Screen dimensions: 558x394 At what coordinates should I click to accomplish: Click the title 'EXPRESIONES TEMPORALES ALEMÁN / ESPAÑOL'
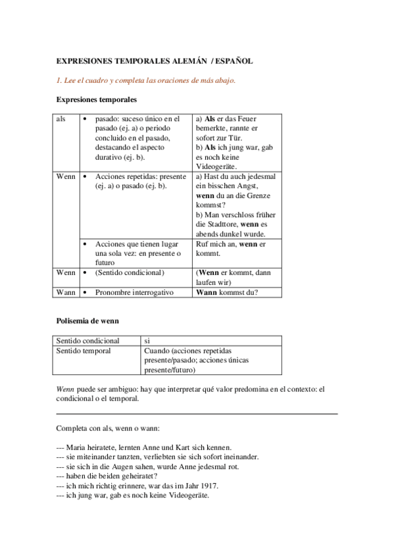pos(155,61)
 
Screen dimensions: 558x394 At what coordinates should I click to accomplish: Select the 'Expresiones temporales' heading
pos(97,100)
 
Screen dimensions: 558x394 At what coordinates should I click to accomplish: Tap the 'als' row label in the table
pos(61,118)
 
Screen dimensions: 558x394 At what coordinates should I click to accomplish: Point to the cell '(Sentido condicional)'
pos(130,272)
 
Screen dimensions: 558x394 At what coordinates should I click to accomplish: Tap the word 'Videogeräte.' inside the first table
pos(217,167)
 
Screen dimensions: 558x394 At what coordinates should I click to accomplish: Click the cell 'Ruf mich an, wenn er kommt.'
pos(230,248)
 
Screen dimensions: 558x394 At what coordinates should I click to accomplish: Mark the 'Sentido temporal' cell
pos(84,351)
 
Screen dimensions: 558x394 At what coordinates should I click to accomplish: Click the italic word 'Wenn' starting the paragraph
pos(64,390)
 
